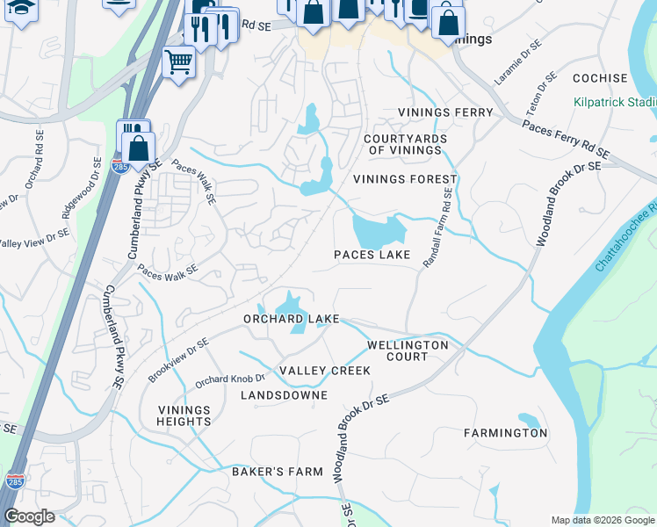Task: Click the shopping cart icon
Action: click(179, 61)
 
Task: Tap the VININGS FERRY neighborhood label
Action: click(448, 113)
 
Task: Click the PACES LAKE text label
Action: click(372, 256)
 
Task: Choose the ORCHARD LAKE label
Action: click(291, 319)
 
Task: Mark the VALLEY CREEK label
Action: click(325, 371)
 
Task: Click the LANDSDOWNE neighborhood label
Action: click(284, 396)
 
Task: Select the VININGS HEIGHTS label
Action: click(184, 415)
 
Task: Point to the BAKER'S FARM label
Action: click(278, 473)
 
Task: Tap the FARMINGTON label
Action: click(505, 433)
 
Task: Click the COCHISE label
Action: click(600, 78)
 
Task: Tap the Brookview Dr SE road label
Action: click(178, 360)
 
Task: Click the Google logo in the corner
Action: click(29, 516)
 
